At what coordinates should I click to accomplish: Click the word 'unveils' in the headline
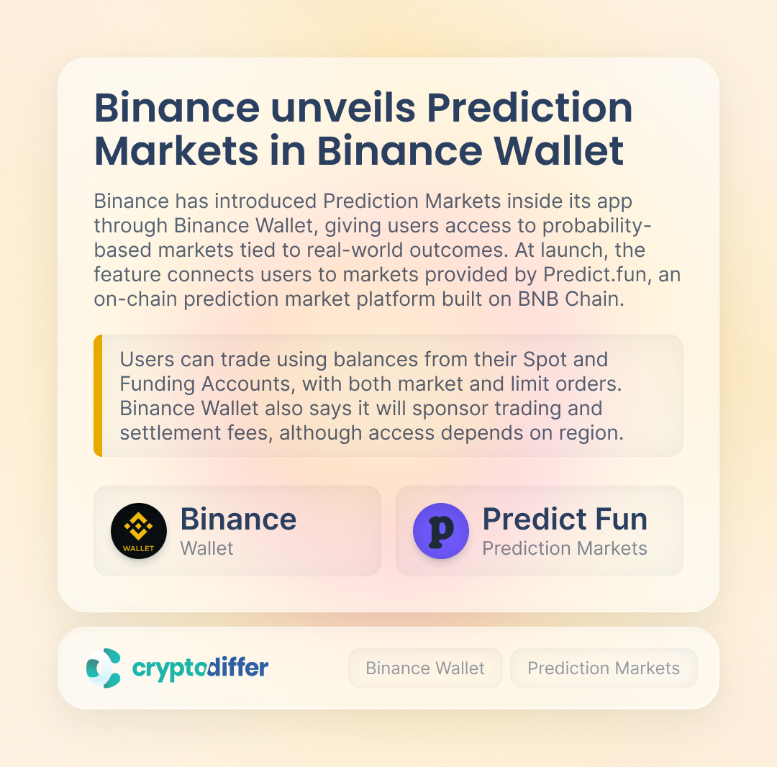point(343,107)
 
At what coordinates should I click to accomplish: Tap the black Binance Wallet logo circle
point(139,531)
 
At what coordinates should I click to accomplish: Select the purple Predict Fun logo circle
point(441,531)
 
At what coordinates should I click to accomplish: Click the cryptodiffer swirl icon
point(104,668)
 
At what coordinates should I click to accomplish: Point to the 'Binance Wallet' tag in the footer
point(425,668)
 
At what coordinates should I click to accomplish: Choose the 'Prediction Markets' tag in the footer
point(604,668)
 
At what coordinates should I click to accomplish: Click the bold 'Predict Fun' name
point(565,519)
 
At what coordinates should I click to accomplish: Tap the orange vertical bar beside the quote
point(98,396)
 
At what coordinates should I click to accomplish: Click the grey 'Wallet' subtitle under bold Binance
point(206,548)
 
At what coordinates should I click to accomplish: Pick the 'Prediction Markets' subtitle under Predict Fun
point(565,548)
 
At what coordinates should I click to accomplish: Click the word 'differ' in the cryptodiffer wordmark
point(237,667)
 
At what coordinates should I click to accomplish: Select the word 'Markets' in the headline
point(176,150)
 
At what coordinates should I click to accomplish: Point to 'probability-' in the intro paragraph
point(596,226)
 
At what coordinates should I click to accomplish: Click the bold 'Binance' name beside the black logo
point(238,519)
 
